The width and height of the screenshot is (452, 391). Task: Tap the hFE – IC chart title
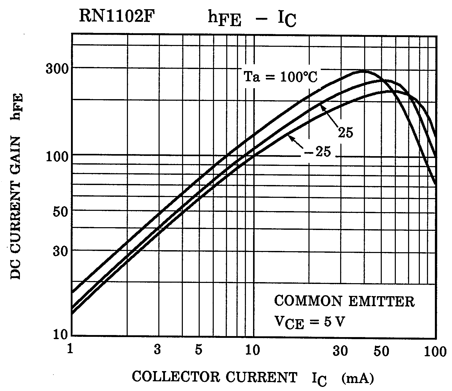(x=252, y=19)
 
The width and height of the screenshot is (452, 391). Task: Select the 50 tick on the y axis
(x=60, y=211)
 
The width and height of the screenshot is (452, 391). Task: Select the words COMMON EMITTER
(x=344, y=302)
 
